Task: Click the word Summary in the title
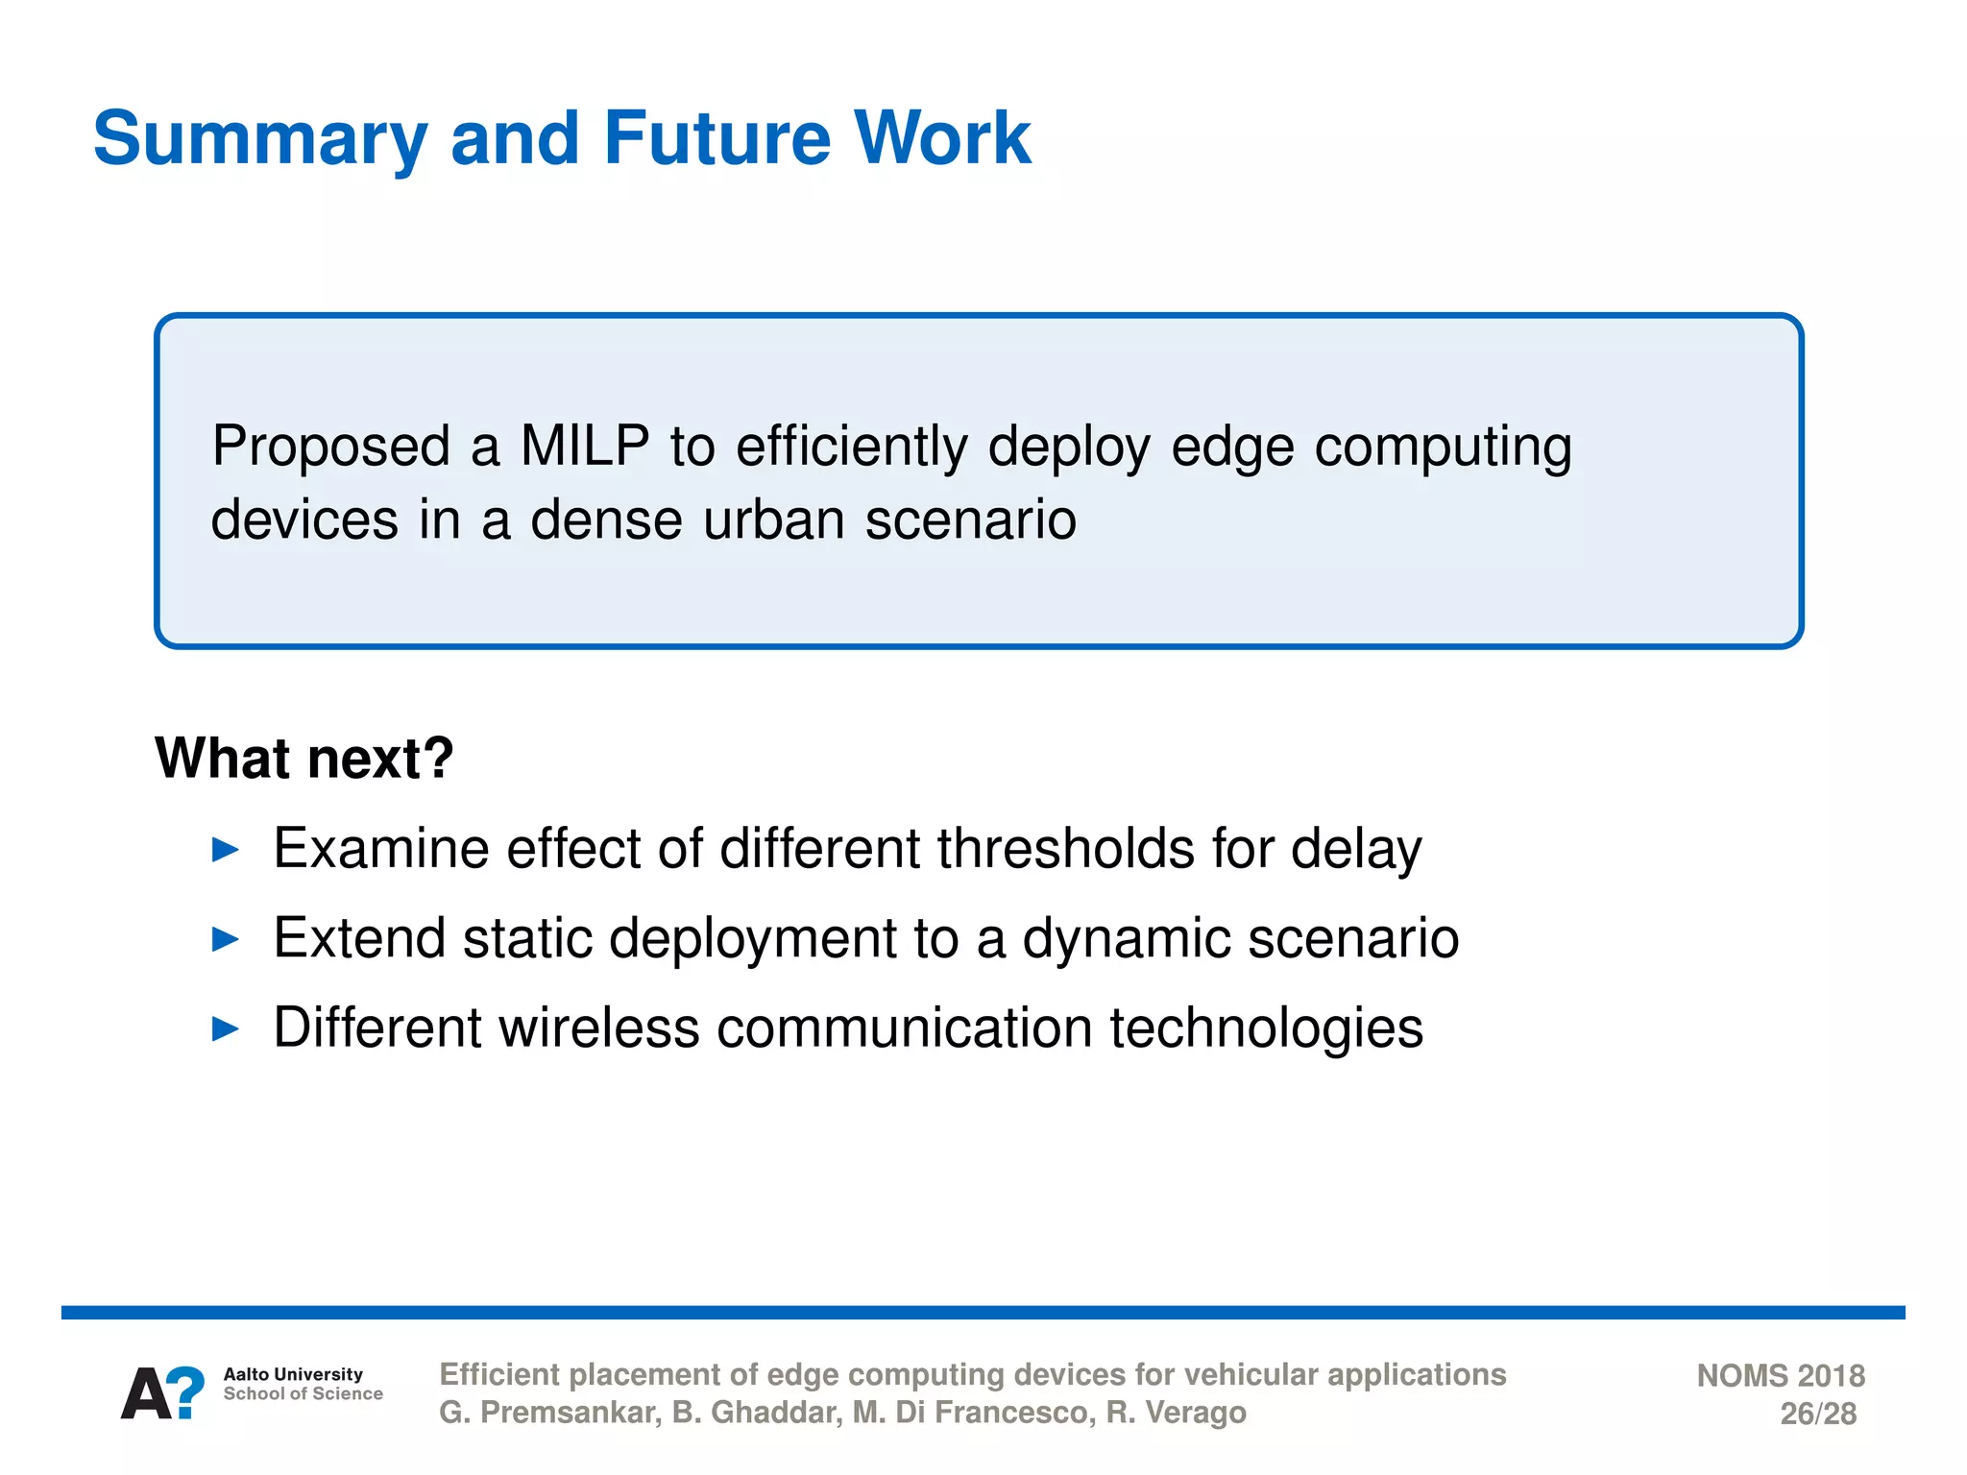point(259,139)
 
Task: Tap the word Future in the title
point(716,139)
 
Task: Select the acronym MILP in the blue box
point(584,447)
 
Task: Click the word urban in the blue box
point(773,520)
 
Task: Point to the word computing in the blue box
point(1443,448)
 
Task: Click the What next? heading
point(304,759)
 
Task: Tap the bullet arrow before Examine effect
point(225,850)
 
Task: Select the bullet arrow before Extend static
point(225,939)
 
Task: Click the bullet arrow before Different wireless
point(225,1029)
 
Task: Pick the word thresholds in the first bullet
point(1065,849)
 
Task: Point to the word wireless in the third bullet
point(598,1028)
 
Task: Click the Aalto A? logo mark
point(162,1393)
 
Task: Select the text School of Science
point(303,1394)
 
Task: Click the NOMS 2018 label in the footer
point(1780,1376)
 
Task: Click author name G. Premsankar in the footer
point(549,1414)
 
